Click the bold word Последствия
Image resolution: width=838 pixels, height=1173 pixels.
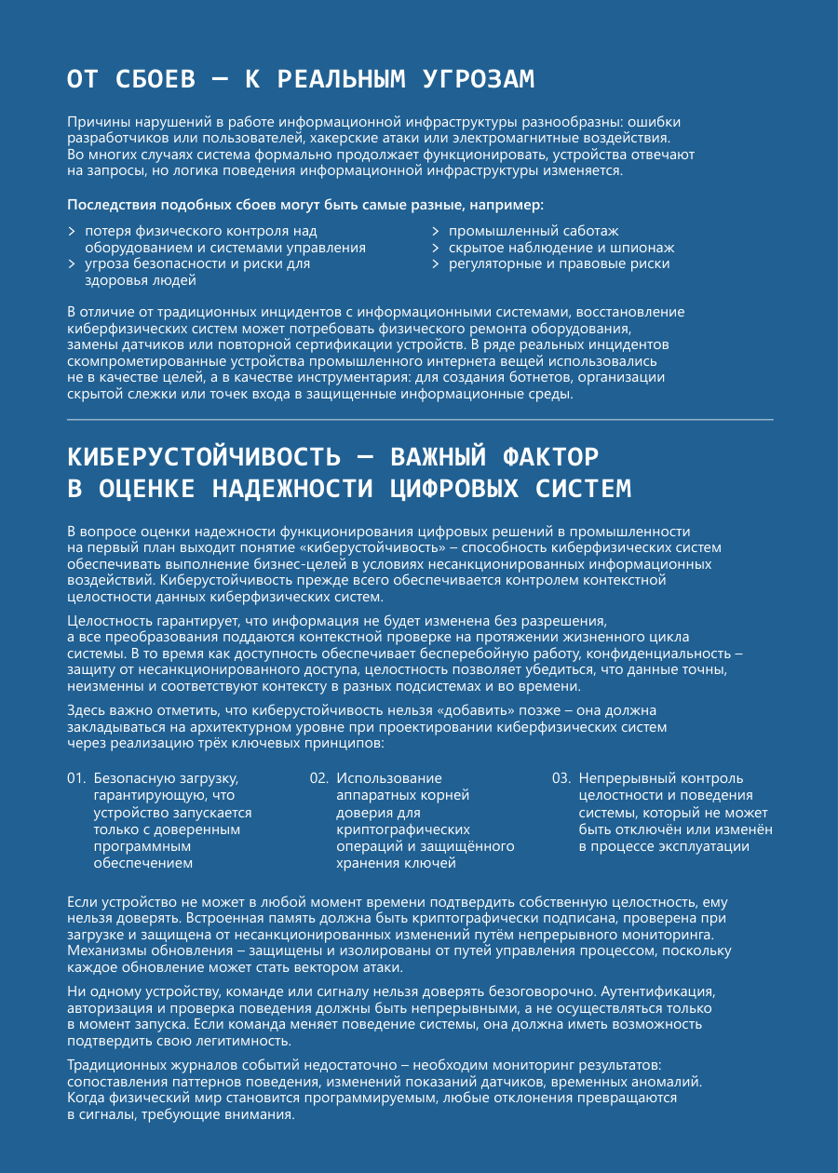coord(112,204)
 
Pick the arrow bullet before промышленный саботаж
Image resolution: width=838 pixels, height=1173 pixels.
coord(435,231)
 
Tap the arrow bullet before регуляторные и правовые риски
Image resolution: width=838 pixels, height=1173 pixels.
coord(435,264)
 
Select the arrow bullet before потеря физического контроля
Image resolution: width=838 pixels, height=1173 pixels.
coord(72,231)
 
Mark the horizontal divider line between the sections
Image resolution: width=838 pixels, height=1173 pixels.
coord(420,420)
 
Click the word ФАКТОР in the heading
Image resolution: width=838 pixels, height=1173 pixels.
coord(550,457)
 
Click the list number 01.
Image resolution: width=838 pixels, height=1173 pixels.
coord(76,778)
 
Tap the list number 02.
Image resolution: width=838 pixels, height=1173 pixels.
coord(318,778)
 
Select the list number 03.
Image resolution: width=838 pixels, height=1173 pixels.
coord(561,778)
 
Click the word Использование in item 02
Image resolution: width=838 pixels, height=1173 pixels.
coord(389,778)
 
